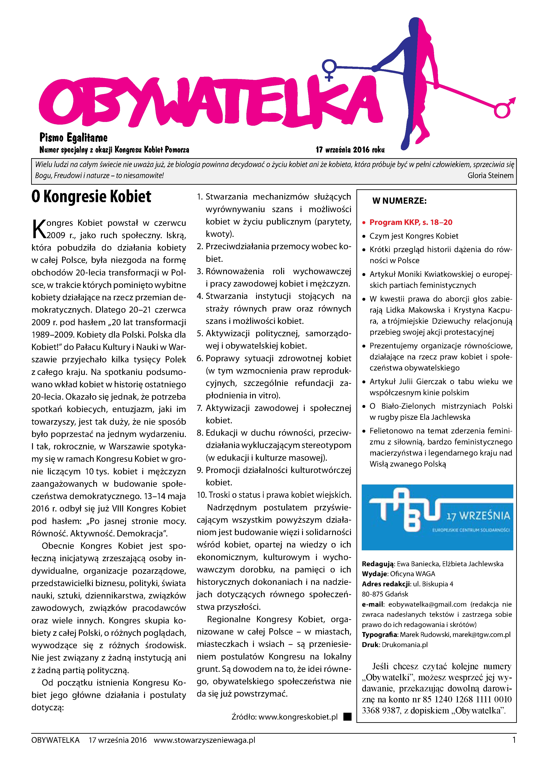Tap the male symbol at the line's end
[x=504, y=109]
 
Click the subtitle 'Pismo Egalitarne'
[x=73, y=137]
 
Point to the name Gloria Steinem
[x=490, y=175]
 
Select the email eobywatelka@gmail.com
[x=427, y=604]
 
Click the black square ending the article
[x=347, y=717]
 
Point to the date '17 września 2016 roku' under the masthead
[x=350, y=150]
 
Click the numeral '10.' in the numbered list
[x=202, y=495]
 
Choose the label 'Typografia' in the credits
[x=380, y=634]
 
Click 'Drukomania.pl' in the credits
[x=405, y=645]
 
